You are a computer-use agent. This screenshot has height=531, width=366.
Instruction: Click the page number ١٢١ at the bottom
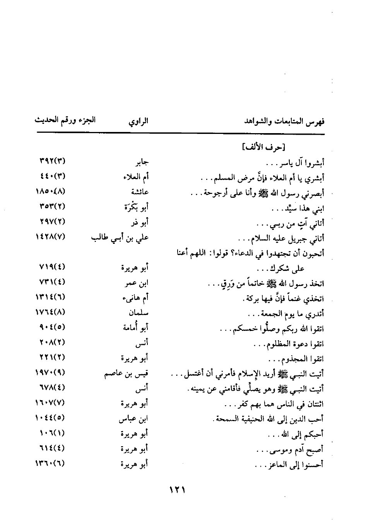coord(178,490)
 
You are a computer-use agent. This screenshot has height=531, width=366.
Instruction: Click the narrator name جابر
coord(140,163)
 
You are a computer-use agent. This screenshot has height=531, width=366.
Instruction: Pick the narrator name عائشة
coord(140,192)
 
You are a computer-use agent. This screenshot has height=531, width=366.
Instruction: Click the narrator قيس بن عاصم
coord(127,373)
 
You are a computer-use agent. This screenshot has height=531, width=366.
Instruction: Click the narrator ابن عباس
coord(134,419)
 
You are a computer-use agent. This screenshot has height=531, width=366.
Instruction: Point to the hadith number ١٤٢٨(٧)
coord(50,237)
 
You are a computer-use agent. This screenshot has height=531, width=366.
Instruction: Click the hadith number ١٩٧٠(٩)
coord(50,373)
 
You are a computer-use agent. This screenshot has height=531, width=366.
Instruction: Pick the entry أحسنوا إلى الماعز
coord(289,464)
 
